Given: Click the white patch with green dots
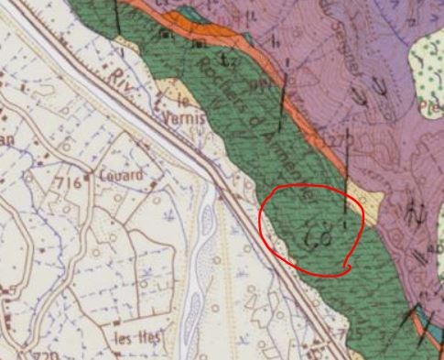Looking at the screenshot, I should pos(424,69).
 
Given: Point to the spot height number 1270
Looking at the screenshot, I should pos(340,137).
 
